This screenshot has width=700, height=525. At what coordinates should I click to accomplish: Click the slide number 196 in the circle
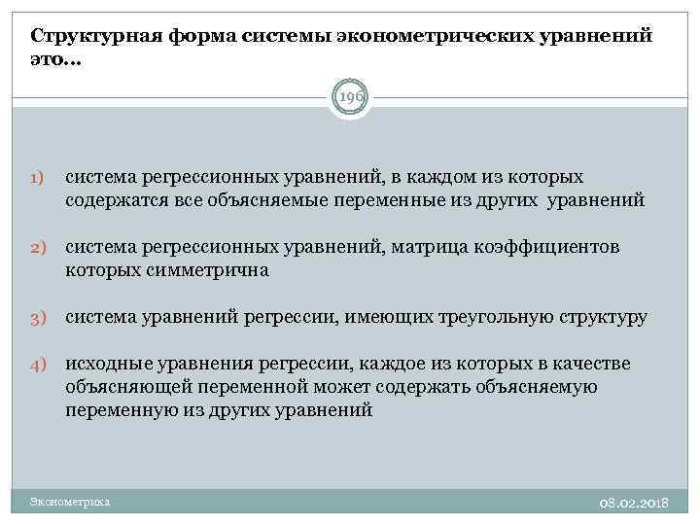349,96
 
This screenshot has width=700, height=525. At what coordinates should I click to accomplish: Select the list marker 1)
36,179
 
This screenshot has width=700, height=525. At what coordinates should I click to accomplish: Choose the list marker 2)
36,249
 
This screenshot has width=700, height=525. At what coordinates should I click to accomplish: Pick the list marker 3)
36,318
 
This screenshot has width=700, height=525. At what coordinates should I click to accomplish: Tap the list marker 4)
36,366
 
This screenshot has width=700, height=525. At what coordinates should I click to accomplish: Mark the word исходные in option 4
108,364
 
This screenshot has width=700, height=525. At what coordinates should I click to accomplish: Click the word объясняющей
121,387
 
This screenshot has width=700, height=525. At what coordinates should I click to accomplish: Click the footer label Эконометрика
70,503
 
